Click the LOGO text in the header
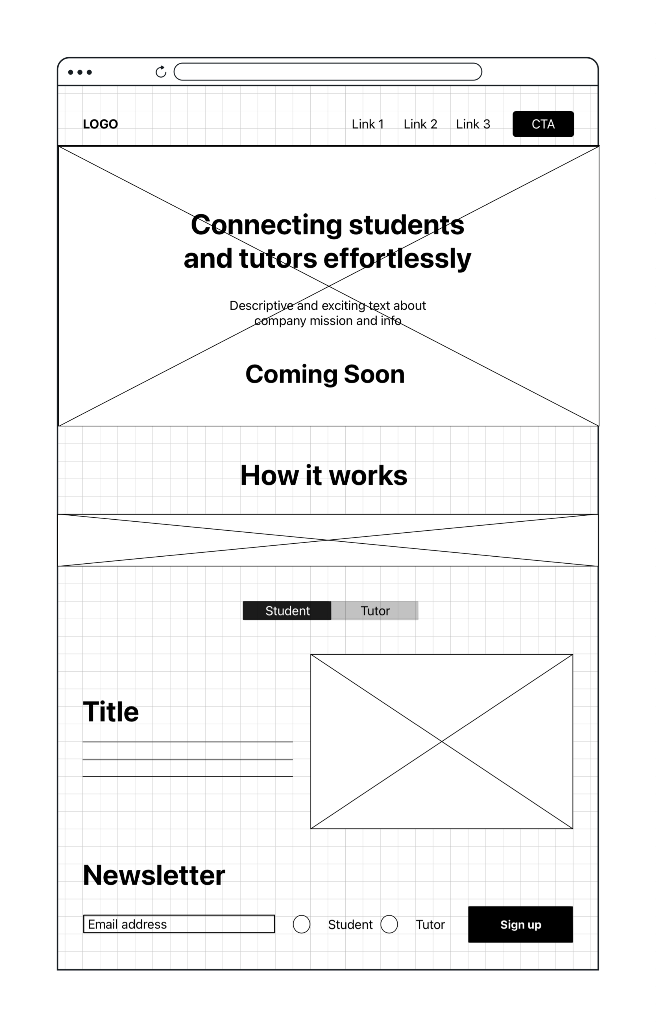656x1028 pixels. (x=100, y=124)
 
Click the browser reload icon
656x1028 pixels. (x=161, y=72)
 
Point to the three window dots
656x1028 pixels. (x=80, y=72)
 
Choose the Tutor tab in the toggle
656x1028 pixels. (x=375, y=611)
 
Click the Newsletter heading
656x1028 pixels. (x=154, y=875)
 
